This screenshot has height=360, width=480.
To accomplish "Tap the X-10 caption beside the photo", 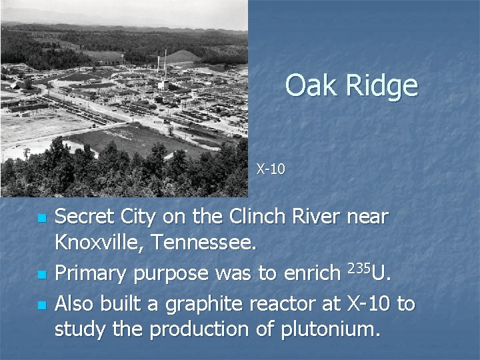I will pyautogui.click(x=271, y=169).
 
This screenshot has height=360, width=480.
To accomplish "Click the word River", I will pyautogui.click(x=315, y=217).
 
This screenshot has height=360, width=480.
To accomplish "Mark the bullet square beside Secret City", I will pyautogui.click(x=42, y=219).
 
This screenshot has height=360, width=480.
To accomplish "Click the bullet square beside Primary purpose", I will pyautogui.click(x=42, y=275).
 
